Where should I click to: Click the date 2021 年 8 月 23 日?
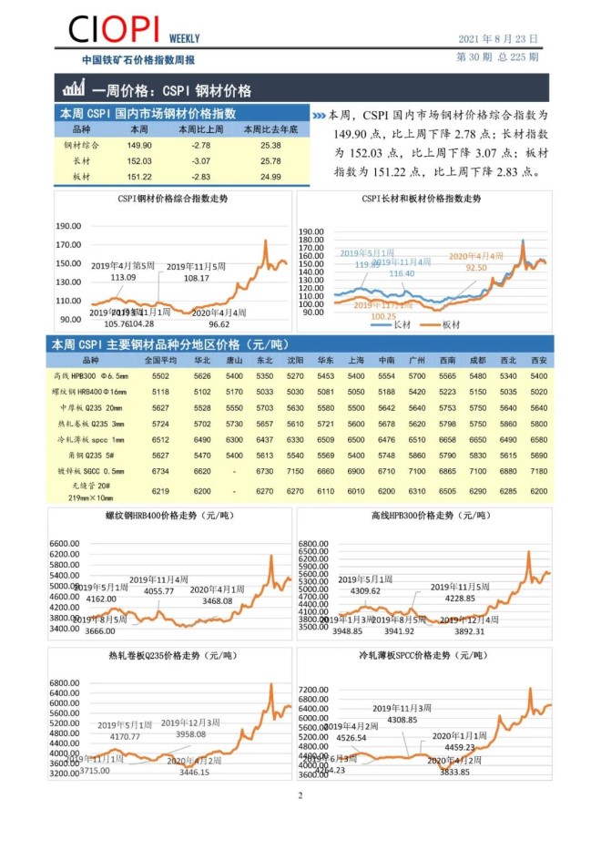(496, 40)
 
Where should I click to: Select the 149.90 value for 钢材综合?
(139, 145)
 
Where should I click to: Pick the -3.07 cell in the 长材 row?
(201, 160)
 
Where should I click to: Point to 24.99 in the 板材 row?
(270, 176)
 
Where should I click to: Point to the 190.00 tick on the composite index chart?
(68, 226)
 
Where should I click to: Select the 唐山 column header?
(234, 360)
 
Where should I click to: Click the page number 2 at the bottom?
(300, 794)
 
